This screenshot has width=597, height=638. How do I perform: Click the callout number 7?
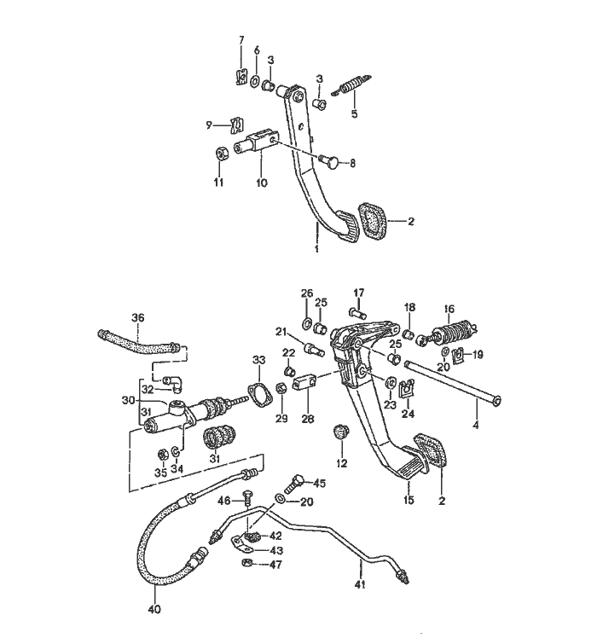point(241,40)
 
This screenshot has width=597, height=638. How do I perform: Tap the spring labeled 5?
point(354,86)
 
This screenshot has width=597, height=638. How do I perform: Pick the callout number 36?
point(137,318)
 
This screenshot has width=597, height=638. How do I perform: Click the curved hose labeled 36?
point(140,346)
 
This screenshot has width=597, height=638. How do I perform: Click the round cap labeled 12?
point(343,430)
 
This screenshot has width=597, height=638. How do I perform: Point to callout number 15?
point(409,500)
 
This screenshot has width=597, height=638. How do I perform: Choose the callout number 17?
point(359,293)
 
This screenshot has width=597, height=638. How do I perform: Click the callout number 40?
point(154,610)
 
